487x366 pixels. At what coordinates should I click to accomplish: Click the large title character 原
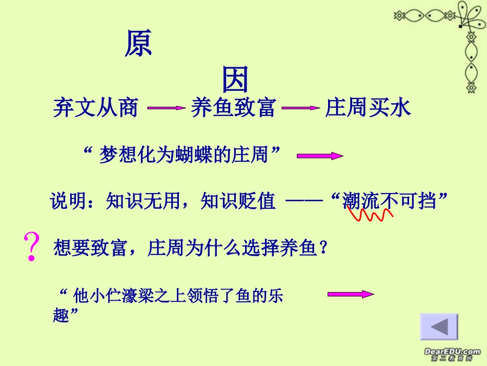[138, 45]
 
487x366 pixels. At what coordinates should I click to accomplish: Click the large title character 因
[235, 80]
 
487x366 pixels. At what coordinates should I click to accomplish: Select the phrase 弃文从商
[96, 108]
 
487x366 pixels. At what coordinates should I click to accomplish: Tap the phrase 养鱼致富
[233, 108]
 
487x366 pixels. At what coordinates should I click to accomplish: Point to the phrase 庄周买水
[368, 108]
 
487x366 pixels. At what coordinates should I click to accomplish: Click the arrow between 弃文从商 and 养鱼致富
[166, 108]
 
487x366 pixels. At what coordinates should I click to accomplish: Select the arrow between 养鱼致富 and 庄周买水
[300, 108]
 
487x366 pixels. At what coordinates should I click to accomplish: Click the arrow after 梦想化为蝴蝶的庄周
[320, 156]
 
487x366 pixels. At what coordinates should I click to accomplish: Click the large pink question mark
[32, 246]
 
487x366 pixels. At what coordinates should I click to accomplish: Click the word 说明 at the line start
[64, 201]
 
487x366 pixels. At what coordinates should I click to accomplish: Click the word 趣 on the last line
[60, 315]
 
